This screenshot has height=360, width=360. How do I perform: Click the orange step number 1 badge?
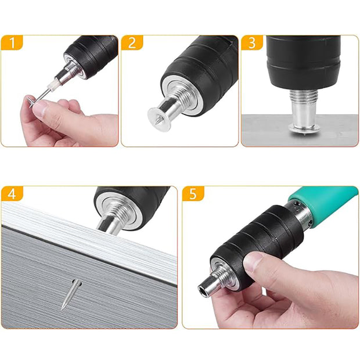(12, 42)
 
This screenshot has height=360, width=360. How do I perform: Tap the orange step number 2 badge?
(132, 42)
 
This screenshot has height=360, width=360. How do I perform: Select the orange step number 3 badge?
(252, 42)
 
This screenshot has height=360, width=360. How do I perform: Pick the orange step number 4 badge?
(12, 193)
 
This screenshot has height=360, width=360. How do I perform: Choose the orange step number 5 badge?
(193, 193)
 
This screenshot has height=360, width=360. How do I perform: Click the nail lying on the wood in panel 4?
(71, 294)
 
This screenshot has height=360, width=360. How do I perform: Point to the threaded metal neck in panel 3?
(304, 95)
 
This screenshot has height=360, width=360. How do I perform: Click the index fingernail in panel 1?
(39, 106)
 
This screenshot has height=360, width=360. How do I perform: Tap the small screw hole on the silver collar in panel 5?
(297, 203)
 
